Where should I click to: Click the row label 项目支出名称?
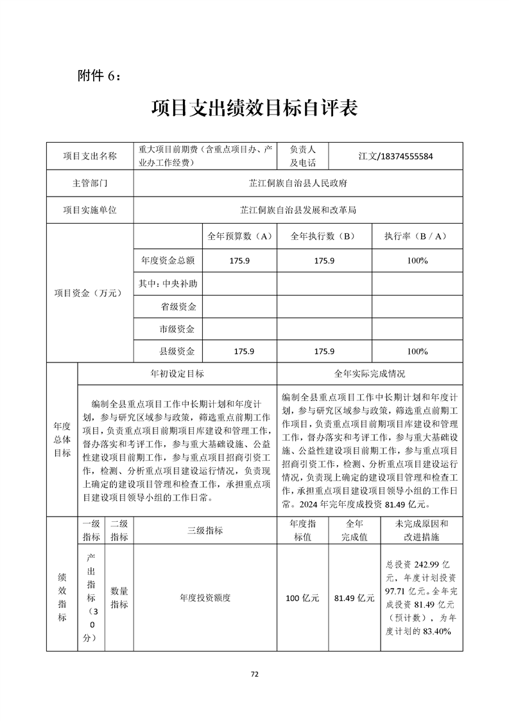(90, 156)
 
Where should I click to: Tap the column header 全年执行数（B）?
(324, 236)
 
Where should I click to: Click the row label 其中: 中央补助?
(168, 283)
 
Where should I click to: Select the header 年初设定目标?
(177, 373)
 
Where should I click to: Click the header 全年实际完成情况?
(370, 373)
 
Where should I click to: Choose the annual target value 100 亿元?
(302, 598)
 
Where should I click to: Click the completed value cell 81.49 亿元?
(354, 598)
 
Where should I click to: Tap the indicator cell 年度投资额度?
(205, 598)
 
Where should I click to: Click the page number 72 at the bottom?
(254, 674)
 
